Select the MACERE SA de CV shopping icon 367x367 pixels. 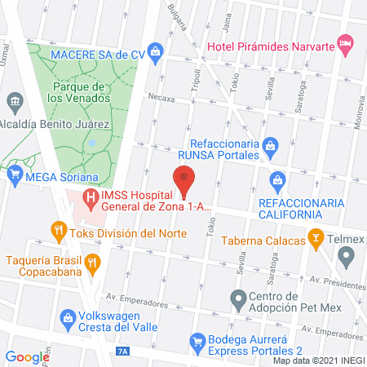[x=157, y=53]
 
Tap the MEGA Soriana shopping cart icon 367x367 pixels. [x=13, y=174]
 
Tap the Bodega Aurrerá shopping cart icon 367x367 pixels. [x=196, y=340]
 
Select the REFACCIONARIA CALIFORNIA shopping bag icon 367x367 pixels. [x=278, y=179]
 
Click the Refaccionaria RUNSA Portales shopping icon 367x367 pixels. [x=272, y=148]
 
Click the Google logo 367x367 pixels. [x=28, y=356]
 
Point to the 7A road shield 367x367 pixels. [x=123, y=351]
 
